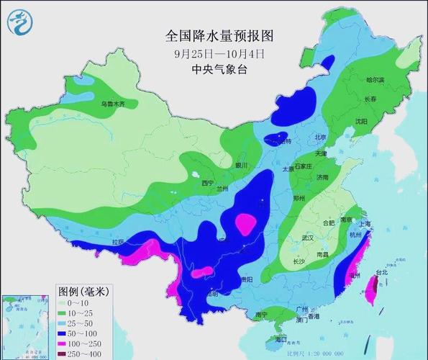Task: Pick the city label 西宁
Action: pos(208,183)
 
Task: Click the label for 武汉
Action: pos(311,238)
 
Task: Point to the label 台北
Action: pos(383,273)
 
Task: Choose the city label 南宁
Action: pos(262,315)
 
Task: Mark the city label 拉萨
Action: pos(118,242)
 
